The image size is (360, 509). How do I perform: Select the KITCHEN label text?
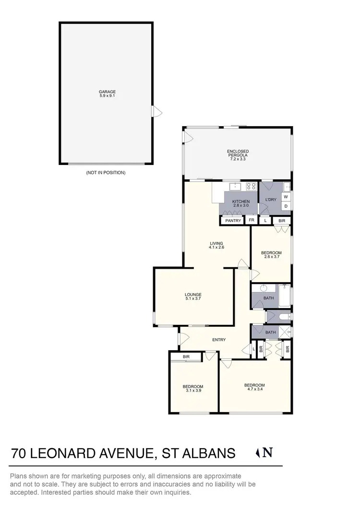tap(241, 201)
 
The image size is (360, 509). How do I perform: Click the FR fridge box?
tap(252, 221)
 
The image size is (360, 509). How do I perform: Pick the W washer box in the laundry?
tap(286, 197)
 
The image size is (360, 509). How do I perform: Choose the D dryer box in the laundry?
tap(286, 206)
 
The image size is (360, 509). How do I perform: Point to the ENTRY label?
tap(219, 340)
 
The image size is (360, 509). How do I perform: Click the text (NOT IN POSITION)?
tap(106, 172)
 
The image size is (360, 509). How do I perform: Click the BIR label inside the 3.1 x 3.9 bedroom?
tap(186, 357)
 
